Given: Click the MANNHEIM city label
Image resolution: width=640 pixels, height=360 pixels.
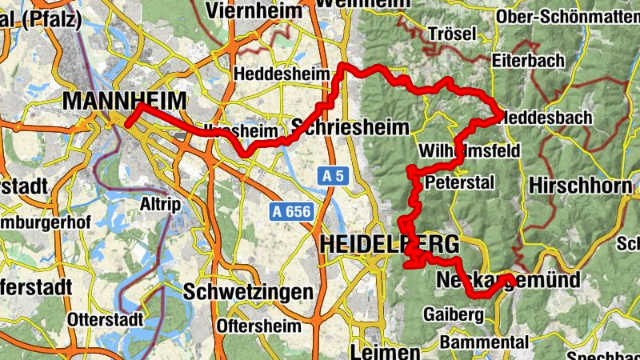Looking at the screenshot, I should tap(123, 102).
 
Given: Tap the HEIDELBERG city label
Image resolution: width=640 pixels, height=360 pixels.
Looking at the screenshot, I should tap(390, 245).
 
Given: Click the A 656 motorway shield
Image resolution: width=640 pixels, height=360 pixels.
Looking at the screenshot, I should tap(289, 211).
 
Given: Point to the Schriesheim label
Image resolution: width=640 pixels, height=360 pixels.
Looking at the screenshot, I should tap(350, 127).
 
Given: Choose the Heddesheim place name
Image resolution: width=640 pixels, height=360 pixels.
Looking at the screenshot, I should tap(281, 74).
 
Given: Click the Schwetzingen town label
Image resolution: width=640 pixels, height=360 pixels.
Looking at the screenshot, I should tap(248, 293).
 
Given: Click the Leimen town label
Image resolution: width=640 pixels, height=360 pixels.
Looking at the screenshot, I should tap(384, 352).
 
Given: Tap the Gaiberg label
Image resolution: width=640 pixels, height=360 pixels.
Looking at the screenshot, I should tap(454, 314).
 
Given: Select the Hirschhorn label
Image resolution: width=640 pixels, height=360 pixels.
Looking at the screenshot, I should tap(581, 186).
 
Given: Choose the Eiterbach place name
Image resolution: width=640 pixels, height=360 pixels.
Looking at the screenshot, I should tap(529, 60).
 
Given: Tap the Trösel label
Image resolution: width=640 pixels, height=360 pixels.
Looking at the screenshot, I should tap(452, 34).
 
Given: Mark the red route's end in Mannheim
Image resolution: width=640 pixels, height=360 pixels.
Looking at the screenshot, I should tap(127, 125).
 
